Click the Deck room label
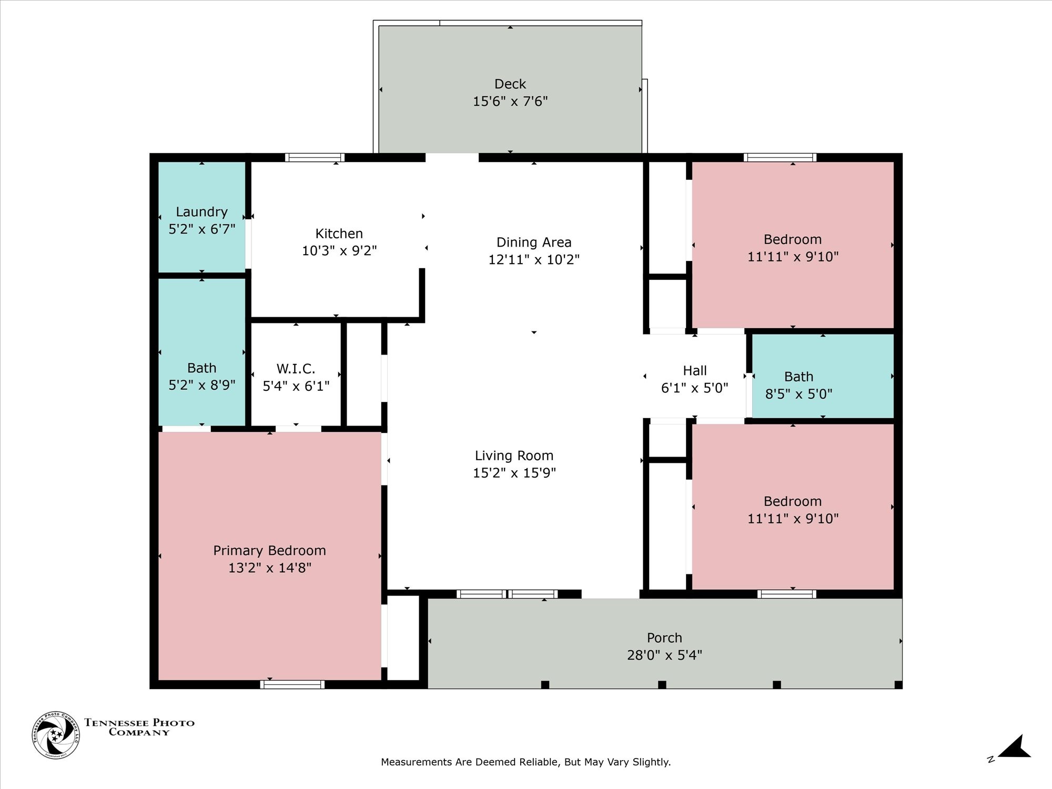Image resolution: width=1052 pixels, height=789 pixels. pos(510,84)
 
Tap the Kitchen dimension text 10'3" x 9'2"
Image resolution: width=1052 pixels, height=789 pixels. pos(339,251)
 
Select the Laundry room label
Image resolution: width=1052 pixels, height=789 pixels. pos(201,212)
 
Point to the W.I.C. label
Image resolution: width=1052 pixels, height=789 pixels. pos(296,369)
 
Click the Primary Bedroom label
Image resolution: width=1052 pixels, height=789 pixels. pos(269,551)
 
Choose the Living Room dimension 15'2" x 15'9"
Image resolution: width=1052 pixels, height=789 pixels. pos(514,473)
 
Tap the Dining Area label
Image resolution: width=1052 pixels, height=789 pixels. pos(534,242)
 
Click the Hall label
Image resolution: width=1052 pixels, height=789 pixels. pos(695,371)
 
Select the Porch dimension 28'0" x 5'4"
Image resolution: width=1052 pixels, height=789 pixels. pos(664,655)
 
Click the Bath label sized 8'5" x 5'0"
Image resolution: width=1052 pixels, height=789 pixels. pos(798,377)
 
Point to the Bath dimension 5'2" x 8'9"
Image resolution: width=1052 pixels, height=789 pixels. pos(201,385)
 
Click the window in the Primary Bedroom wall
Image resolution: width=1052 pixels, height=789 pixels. pos(292,684)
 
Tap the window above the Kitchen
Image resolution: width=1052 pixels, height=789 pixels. pos(315,157)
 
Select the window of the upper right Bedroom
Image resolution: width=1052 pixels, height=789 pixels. pos(780,157)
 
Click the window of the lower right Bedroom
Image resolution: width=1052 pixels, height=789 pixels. pos(787,594)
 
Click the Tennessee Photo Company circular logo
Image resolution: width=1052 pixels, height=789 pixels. pos(56,735)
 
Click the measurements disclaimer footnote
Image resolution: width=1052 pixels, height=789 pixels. pos(526,762)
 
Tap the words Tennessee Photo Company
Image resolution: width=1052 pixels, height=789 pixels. pos(139,727)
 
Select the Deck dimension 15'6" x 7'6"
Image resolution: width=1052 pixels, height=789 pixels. pos(510,101)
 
